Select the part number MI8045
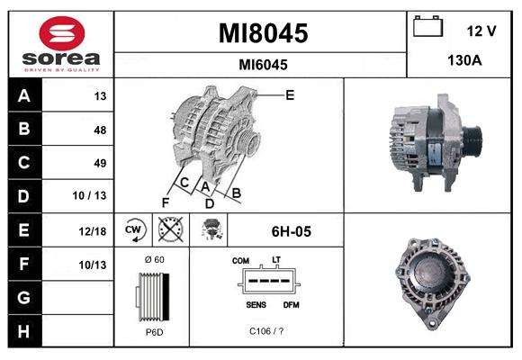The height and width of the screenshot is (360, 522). point(263,34)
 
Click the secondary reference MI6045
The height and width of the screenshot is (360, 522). point(263,65)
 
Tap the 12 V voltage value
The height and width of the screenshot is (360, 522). point(481,31)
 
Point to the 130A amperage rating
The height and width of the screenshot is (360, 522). point(465,62)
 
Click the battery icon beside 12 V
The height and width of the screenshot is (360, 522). point(426,28)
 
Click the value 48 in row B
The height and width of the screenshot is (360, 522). point(100,129)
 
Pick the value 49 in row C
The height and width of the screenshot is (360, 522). point(100,163)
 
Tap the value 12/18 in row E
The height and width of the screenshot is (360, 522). point(94,230)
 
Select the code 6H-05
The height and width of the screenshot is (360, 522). point(291,231)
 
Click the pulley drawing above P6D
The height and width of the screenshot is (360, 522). point(152,296)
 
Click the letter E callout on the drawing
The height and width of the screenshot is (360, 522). point(290,94)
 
